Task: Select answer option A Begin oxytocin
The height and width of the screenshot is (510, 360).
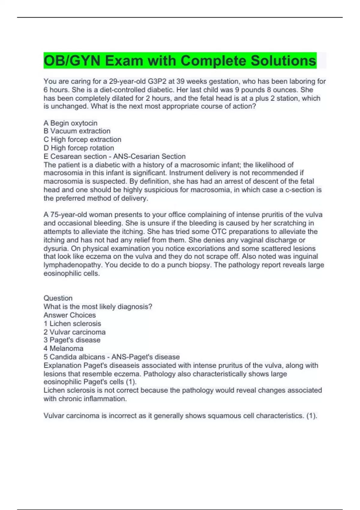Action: (x=70, y=123)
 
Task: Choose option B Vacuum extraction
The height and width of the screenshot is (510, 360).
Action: (x=77, y=131)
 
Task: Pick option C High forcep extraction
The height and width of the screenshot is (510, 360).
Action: (x=82, y=139)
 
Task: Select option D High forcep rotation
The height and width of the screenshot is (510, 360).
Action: (x=79, y=148)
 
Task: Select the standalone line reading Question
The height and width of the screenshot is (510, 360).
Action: (x=58, y=298)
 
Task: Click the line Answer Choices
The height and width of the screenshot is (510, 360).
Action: (x=70, y=315)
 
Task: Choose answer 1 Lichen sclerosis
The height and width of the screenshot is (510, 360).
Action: (x=72, y=323)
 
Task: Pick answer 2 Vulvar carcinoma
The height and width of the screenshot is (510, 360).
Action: (x=74, y=332)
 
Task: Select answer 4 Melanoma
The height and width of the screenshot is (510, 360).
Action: (x=63, y=349)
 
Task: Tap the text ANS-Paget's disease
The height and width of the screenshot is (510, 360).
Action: (x=145, y=357)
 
